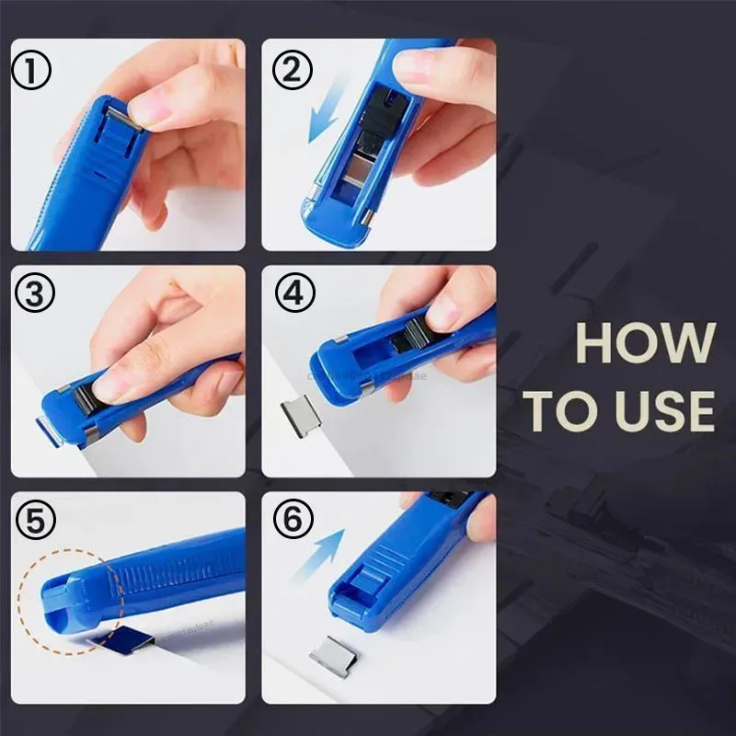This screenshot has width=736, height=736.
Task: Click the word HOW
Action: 644,343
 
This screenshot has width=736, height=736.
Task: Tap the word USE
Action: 659,412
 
